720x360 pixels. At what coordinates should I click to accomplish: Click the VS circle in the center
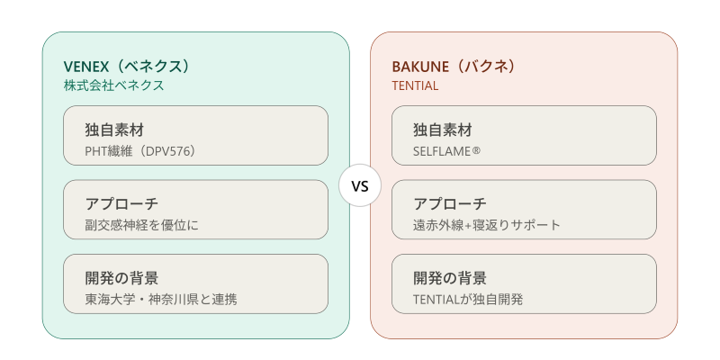pos(360,185)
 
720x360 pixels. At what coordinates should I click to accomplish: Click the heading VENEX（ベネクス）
pos(127,67)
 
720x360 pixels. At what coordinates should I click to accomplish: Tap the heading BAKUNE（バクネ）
pos(454,67)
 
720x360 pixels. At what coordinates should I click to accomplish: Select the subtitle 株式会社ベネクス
pos(114,85)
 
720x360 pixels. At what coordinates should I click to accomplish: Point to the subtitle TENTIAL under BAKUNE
pos(415,85)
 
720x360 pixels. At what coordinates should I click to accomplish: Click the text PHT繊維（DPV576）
pos(140,151)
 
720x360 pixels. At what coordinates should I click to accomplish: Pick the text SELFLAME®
pos(446,151)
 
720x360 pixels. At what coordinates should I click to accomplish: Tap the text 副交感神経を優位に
pos(142,226)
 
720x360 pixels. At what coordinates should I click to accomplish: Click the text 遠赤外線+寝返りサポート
pos(487,226)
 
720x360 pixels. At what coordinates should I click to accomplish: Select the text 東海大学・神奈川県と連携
pos(161,300)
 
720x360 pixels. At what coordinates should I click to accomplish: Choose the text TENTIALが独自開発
pos(468,300)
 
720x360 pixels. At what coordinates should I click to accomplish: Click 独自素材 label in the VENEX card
pos(114,130)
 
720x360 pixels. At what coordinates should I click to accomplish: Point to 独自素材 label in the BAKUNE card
pos(443,130)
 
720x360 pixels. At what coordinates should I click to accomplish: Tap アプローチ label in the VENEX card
pos(121,204)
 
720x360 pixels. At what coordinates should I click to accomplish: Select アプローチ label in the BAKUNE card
pos(450,204)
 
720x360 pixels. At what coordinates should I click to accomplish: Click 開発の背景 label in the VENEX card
pos(121,278)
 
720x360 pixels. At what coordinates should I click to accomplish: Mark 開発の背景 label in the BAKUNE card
pos(450,278)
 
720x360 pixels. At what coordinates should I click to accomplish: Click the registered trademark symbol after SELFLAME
pos(476,150)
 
